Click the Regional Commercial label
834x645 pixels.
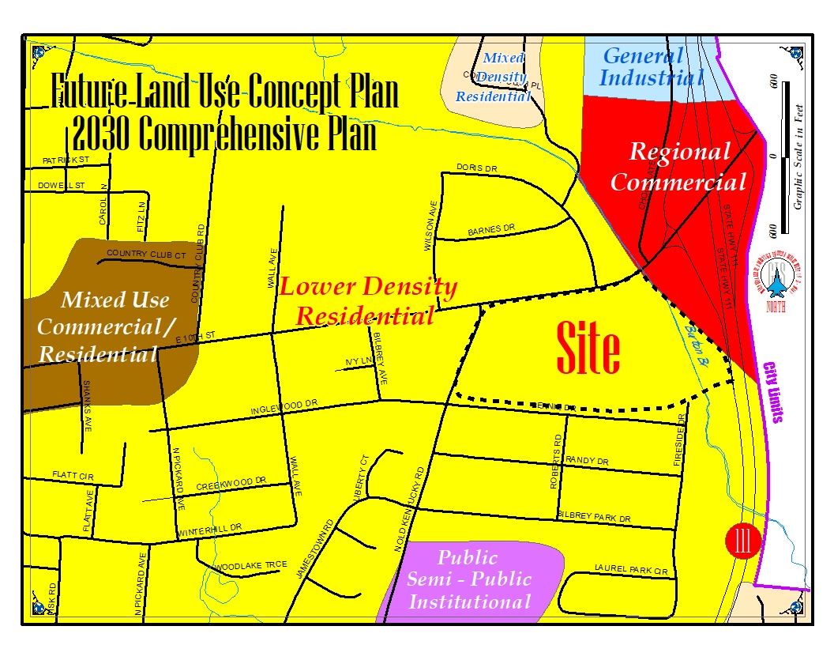678,167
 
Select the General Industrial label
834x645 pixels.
651,67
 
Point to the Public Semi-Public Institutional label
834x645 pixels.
469,579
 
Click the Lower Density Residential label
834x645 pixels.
367,301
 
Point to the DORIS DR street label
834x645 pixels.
476,168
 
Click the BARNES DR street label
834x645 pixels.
490,230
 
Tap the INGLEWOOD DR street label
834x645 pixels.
284,407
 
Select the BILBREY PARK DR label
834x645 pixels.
594,519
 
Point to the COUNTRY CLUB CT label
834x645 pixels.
146,254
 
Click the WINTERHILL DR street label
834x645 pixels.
208,529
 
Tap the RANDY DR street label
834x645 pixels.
587,461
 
